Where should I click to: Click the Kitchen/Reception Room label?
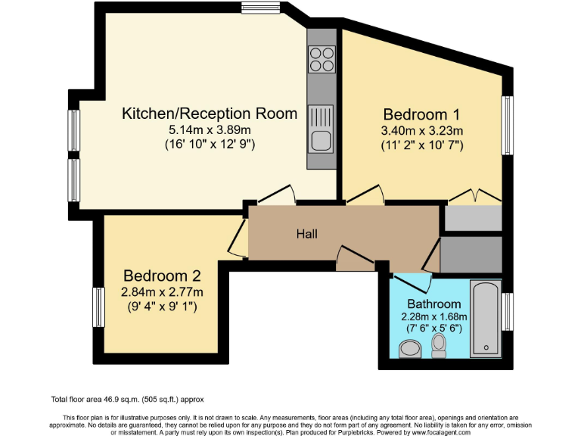tap(210, 114)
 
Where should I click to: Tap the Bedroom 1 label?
tap(421, 115)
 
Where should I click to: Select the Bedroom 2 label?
tap(163, 276)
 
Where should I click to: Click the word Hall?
tap(306, 234)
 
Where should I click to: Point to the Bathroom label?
tap(434, 304)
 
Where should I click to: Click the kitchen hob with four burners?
tap(322, 59)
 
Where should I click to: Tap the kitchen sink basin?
tap(321, 140)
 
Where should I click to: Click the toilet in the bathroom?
tap(438, 346)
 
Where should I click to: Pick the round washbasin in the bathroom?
tap(409, 348)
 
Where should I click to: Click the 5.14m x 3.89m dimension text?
tap(210, 130)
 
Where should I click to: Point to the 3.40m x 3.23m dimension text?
tap(421, 130)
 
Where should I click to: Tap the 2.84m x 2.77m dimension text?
tap(163, 291)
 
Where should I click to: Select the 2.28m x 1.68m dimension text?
tap(434, 316)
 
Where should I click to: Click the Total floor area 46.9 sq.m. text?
tap(127, 399)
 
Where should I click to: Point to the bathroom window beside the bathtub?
tap(508, 311)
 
